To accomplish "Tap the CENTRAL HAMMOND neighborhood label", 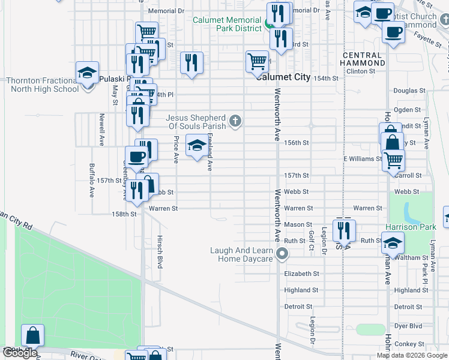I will pyautogui.click(x=363, y=59).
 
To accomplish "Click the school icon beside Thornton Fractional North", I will pyautogui.click(x=88, y=73).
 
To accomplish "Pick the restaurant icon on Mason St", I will pyautogui.click(x=343, y=229).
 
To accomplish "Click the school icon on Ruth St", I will pyautogui.click(x=393, y=243).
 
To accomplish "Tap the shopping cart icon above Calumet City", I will pyautogui.click(x=257, y=61).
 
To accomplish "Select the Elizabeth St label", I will pyautogui.click(x=301, y=274).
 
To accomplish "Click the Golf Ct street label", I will pyautogui.click(x=311, y=242).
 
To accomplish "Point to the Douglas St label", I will pyautogui.click(x=409, y=90).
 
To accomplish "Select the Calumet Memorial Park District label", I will pyautogui.click(x=227, y=24).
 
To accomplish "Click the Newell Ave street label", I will pyautogui.click(x=103, y=127).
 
